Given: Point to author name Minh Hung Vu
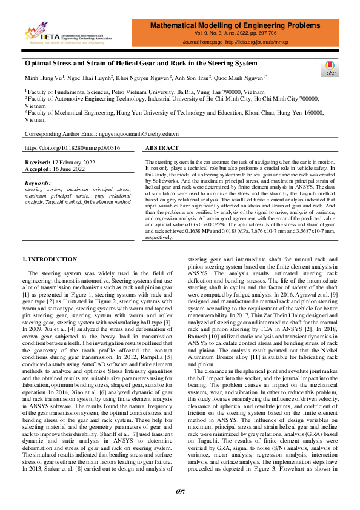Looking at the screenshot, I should tap(43, 78).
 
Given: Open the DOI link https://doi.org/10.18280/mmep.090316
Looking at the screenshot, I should tap(72, 148).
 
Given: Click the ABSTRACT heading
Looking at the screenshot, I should tap(162, 148).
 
